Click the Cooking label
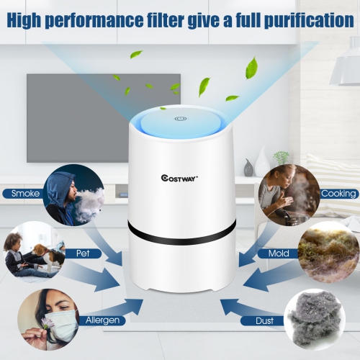tap(337, 194)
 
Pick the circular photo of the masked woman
tap(46, 317)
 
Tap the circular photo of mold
tap(328, 251)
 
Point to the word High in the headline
tap(30, 20)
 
